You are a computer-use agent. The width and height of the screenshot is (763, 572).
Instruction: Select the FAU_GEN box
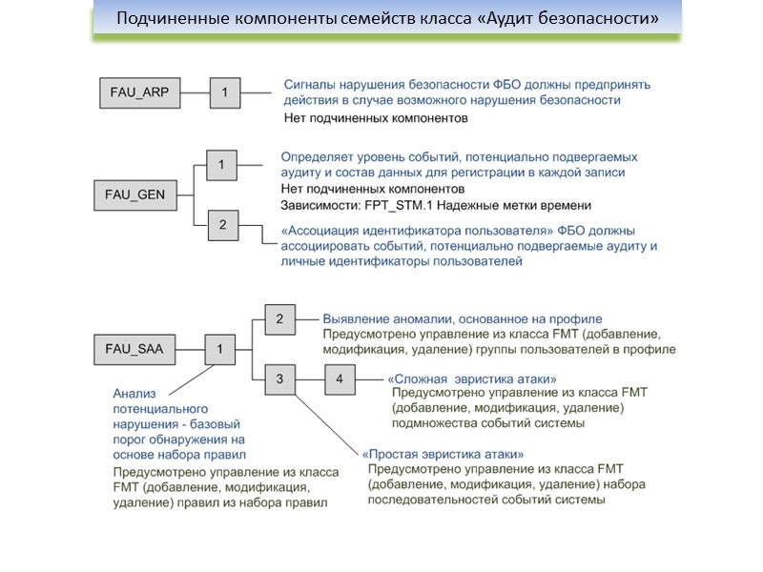[134, 195]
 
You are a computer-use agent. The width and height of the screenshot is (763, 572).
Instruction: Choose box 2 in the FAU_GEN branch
[222, 225]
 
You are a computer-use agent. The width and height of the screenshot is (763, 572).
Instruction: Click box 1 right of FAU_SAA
[220, 349]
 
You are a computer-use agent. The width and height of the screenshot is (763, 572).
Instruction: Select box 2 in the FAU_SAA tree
[279, 318]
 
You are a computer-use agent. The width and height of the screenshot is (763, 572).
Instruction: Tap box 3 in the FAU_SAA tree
[279, 379]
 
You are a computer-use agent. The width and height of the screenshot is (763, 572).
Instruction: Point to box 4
[340, 379]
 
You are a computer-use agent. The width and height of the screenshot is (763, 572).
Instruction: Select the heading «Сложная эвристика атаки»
[471, 379]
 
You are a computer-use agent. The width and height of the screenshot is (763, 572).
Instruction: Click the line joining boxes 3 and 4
[310, 379]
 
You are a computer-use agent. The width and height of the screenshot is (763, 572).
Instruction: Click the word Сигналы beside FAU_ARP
[312, 84]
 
